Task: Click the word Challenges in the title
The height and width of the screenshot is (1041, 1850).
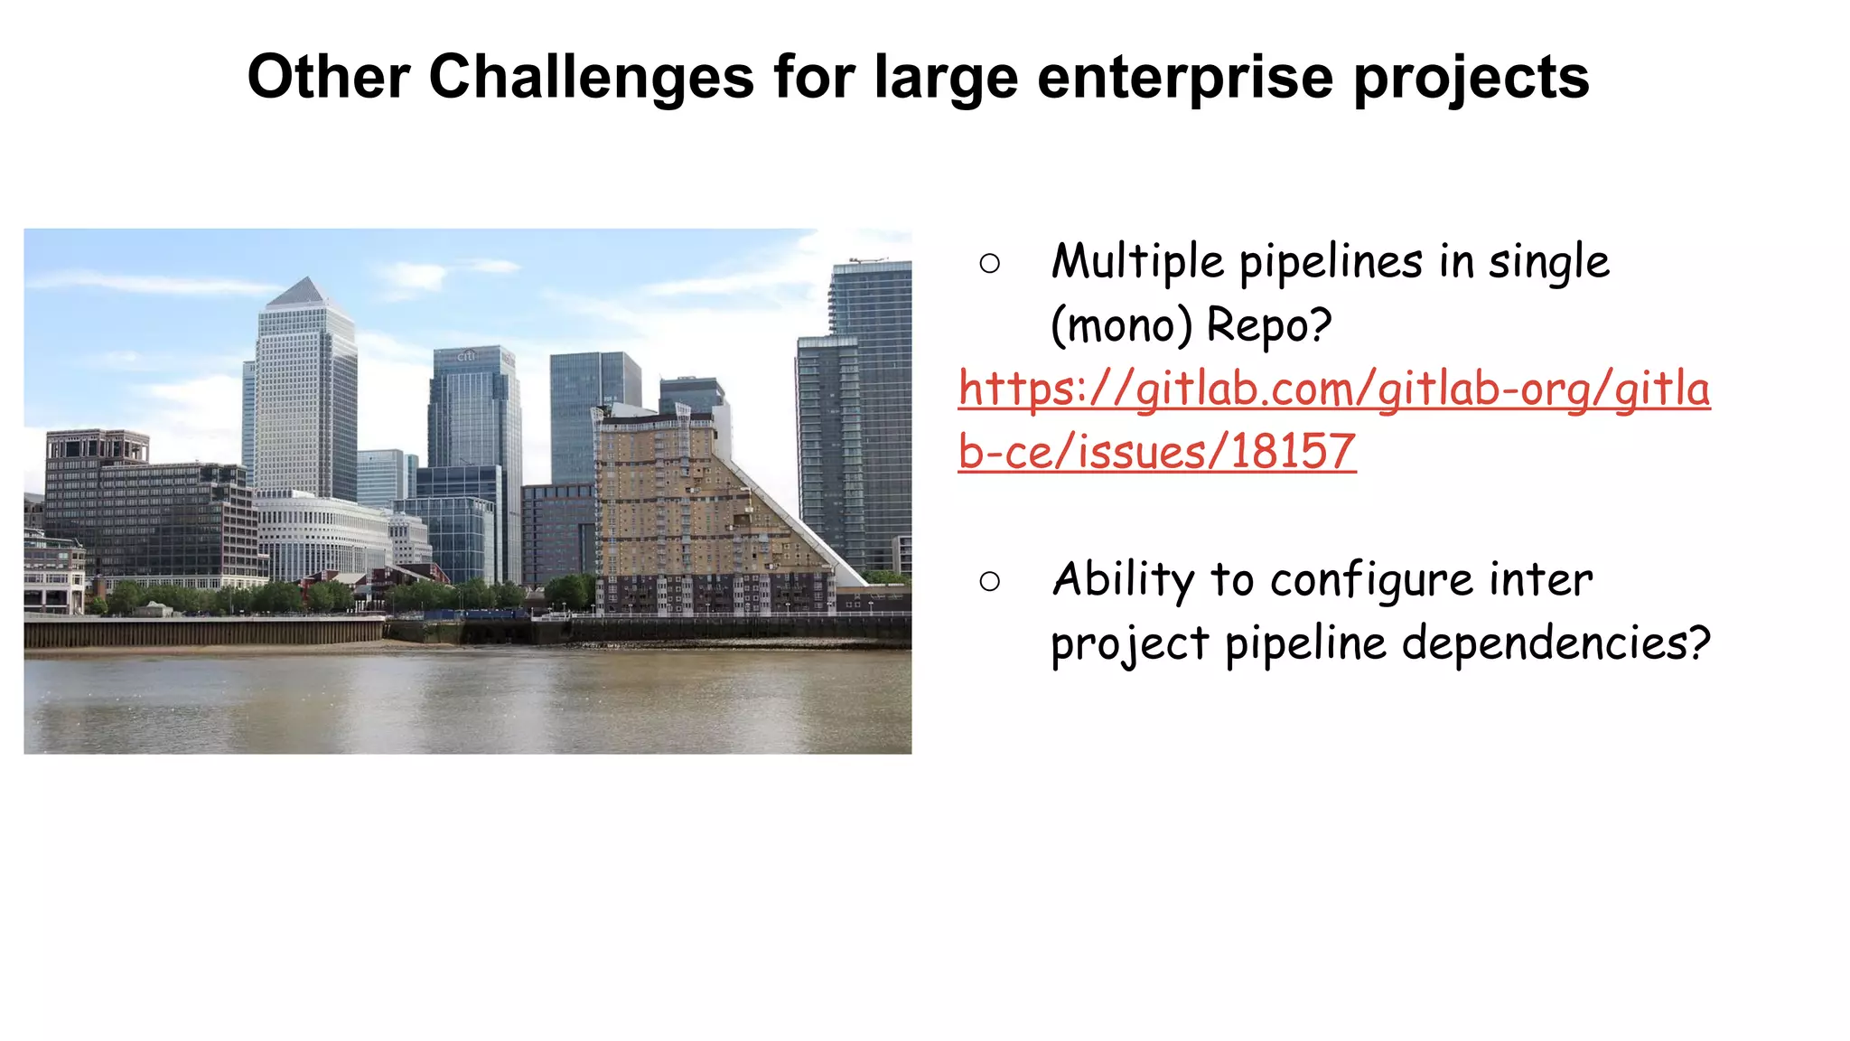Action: coord(591,77)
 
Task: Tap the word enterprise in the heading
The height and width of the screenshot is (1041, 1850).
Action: coord(1185,79)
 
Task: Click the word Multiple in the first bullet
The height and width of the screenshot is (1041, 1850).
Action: coord(1138,262)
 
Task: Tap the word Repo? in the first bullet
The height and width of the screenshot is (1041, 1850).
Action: coord(1269,325)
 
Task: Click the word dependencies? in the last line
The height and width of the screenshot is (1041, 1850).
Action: coord(1556,643)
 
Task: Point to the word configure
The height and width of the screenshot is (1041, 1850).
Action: coord(1373,580)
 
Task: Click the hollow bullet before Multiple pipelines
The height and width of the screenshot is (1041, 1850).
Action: coord(989,264)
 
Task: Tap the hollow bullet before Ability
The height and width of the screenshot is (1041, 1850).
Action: coord(989,581)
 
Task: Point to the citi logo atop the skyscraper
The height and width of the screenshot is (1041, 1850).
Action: coord(466,355)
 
